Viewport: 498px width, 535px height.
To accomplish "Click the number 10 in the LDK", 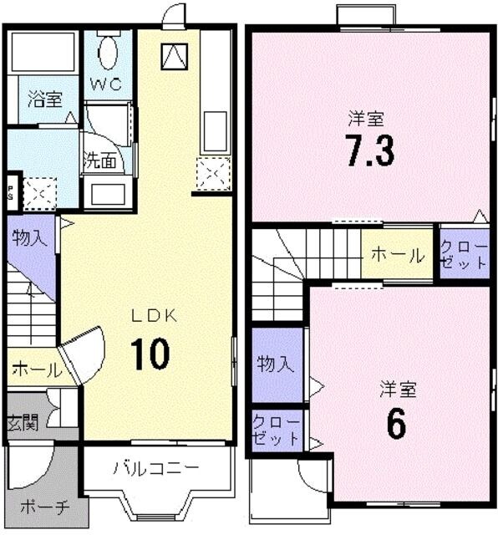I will (150, 354).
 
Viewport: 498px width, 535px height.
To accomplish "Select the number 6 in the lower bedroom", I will (395, 425).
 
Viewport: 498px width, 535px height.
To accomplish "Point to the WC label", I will (107, 85).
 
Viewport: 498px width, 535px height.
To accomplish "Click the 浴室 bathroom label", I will (44, 99).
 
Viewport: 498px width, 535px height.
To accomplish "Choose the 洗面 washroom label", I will (99, 161).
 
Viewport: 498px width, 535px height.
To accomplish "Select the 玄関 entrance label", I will (23, 422).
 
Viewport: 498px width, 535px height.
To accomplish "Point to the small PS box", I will (11, 191).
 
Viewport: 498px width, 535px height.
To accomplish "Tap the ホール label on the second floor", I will (397, 256).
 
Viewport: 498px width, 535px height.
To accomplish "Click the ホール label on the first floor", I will (35, 369).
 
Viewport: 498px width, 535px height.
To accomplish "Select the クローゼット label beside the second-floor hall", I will (464, 253).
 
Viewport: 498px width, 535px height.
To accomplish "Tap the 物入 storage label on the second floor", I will (275, 364).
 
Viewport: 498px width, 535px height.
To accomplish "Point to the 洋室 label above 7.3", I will (367, 119).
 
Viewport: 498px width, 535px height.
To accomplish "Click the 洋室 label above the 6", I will (397, 390).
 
